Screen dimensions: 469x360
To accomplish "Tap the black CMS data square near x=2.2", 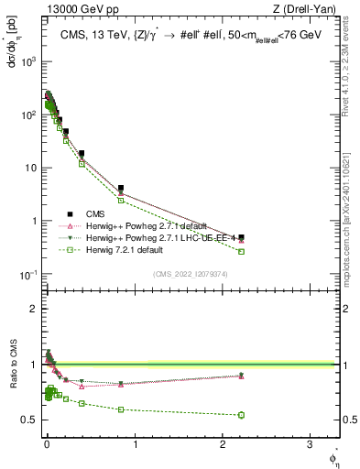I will click(x=241, y=237).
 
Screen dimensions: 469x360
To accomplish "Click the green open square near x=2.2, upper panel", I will click(x=241, y=251).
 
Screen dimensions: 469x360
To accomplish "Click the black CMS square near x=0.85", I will click(x=121, y=188).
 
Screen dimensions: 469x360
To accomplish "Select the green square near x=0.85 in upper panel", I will click(x=121, y=200).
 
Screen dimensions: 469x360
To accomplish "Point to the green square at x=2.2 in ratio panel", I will click(x=241, y=415).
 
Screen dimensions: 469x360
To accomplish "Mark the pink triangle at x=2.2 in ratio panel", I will click(x=241, y=376).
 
